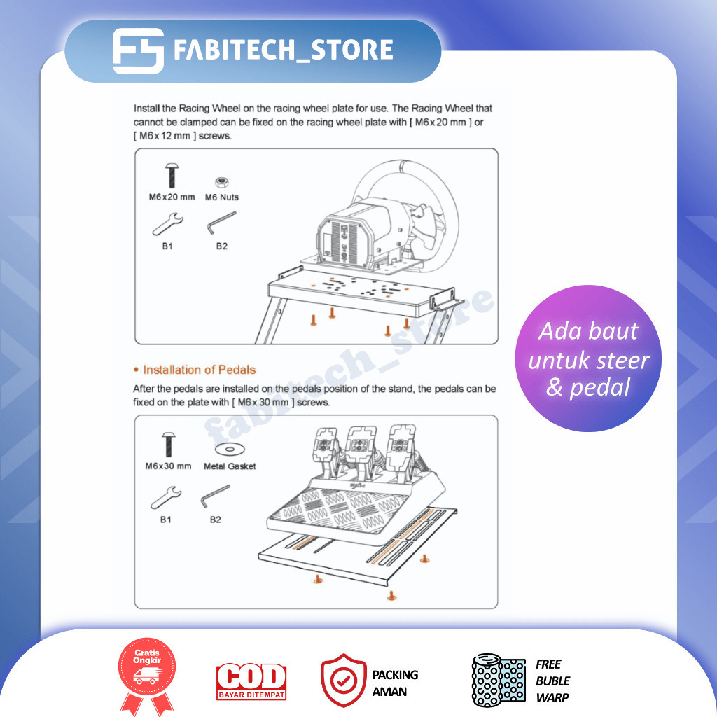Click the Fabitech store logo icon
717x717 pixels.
[x=138, y=50]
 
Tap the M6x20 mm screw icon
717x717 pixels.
[x=172, y=176]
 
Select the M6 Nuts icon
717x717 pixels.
[x=222, y=183]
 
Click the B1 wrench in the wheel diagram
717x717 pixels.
[x=168, y=224]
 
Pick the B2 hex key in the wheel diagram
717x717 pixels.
[x=222, y=223]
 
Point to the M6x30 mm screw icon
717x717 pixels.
[x=168, y=445]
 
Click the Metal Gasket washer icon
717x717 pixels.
[x=230, y=449]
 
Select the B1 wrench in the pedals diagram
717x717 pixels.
[x=166, y=498]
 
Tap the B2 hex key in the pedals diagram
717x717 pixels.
[x=216, y=496]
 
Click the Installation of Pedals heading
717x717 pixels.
[x=200, y=370]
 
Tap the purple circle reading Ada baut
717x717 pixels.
[x=588, y=358]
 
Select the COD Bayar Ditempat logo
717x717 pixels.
[x=251, y=681]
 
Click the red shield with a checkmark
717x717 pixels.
[x=343, y=680]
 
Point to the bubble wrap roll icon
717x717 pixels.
[x=499, y=681]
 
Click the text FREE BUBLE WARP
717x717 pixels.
[x=553, y=681]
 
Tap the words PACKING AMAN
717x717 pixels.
[x=395, y=683]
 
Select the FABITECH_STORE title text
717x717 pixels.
[x=284, y=50]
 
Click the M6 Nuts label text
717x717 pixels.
[x=222, y=197]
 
